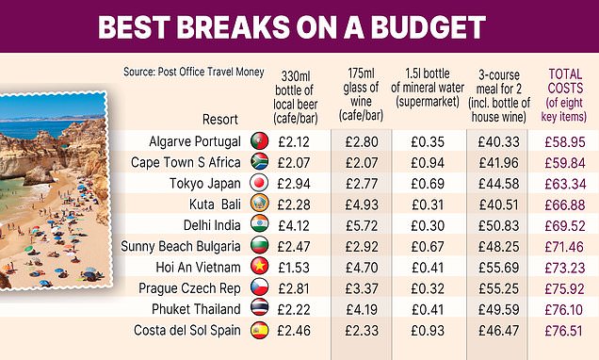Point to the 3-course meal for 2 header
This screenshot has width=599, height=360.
tap(496, 94)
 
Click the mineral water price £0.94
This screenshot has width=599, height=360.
tap(429, 161)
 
